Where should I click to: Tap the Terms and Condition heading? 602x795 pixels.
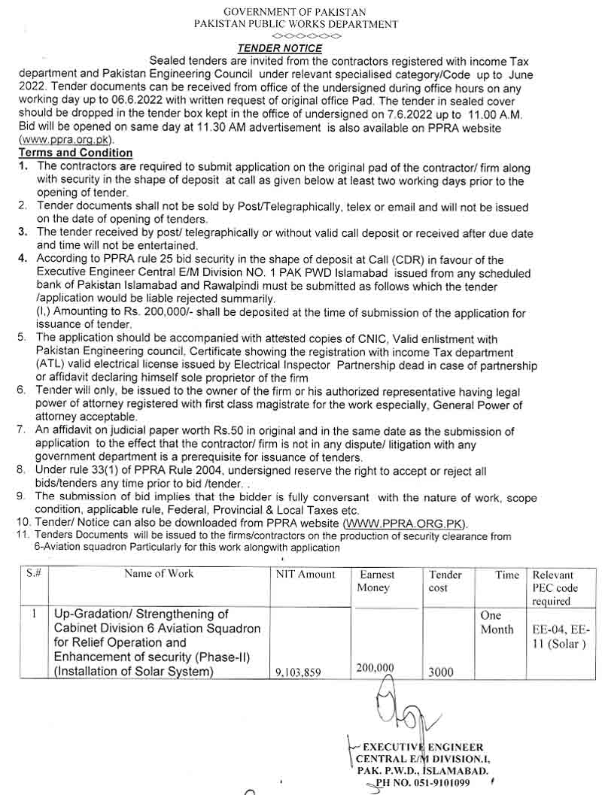(x=75, y=153)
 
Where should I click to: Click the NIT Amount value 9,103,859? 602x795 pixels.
(x=298, y=673)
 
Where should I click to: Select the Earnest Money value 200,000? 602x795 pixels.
(x=374, y=667)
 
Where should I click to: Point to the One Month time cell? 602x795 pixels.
(x=497, y=623)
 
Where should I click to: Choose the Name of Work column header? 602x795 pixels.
(x=159, y=574)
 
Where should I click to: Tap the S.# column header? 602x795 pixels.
(x=33, y=574)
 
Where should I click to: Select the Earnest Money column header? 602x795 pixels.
(x=377, y=581)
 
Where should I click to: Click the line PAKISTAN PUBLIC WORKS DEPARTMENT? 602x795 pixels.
(x=296, y=24)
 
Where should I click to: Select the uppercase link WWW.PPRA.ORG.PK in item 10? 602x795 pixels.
(x=405, y=523)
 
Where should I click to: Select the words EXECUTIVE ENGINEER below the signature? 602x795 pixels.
(x=423, y=747)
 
